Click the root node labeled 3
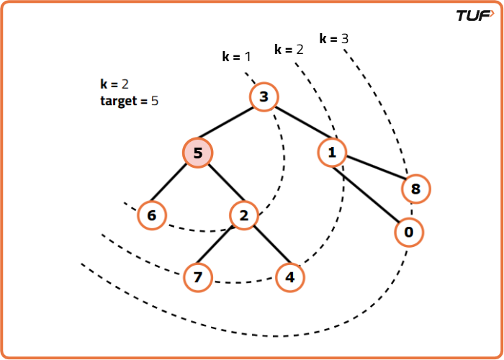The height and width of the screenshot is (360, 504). pyautogui.click(x=264, y=97)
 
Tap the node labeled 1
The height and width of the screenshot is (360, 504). pyautogui.click(x=332, y=152)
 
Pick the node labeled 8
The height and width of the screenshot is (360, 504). pyautogui.click(x=416, y=189)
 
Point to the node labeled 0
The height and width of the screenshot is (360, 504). pyautogui.click(x=409, y=232)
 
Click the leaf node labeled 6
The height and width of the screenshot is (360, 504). pyautogui.click(x=152, y=215)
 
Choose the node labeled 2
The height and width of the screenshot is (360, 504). pyautogui.click(x=244, y=215)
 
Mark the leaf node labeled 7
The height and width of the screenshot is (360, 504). pyautogui.click(x=198, y=277)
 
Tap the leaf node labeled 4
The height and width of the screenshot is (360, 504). pyautogui.click(x=290, y=277)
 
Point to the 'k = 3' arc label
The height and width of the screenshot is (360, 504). pyautogui.click(x=333, y=38)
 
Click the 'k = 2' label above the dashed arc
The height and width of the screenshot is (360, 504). pyautogui.click(x=289, y=49)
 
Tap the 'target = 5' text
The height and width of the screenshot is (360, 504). pyautogui.click(x=129, y=101)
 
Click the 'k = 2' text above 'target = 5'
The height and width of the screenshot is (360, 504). pyautogui.click(x=114, y=84)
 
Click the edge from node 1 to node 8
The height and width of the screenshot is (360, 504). pyautogui.click(x=374, y=171)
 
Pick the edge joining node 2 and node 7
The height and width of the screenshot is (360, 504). pyautogui.click(x=221, y=246)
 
